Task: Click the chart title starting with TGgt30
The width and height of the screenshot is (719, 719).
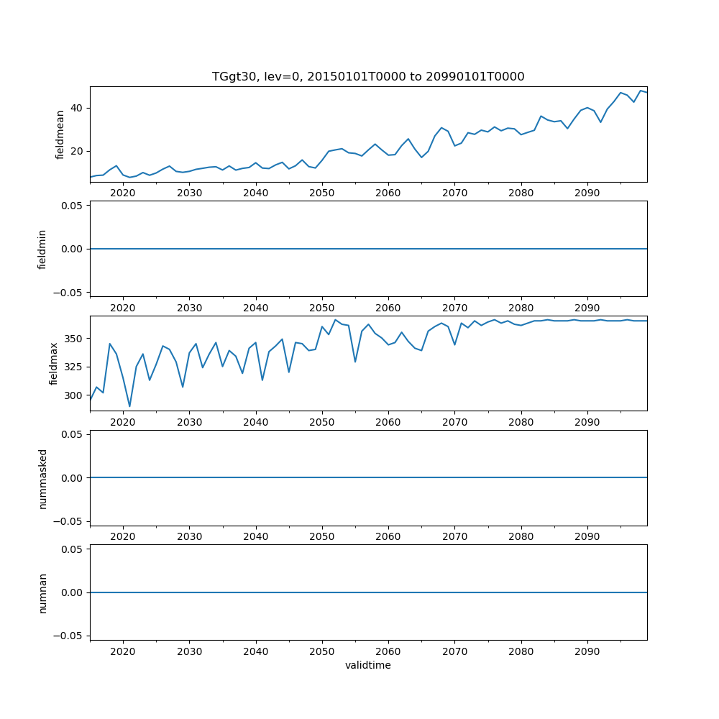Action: (x=368, y=76)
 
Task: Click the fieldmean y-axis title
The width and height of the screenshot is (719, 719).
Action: (x=60, y=134)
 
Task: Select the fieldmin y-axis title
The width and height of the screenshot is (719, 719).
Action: (x=42, y=249)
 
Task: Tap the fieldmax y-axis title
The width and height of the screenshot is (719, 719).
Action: (x=54, y=364)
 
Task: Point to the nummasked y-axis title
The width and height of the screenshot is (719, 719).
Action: (x=42, y=478)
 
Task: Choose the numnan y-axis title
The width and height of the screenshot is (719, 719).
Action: (x=42, y=592)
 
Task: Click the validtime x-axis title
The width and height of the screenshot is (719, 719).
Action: (x=368, y=665)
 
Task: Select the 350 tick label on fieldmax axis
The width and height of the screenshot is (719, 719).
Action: (x=75, y=338)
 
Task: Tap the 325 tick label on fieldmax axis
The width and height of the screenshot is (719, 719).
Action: (x=75, y=367)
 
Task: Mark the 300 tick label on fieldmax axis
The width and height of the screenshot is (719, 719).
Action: (x=75, y=395)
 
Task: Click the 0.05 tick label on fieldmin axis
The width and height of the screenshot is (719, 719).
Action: (x=73, y=206)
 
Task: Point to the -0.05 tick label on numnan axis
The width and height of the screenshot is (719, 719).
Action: (x=70, y=636)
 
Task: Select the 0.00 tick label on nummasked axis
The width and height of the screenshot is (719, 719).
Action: (x=73, y=478)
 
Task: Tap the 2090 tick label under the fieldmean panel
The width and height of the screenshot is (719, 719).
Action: (x=587, y=193)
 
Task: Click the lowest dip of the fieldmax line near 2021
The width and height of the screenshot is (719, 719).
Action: (x=129, y=406)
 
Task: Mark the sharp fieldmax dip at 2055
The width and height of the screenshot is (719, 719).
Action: (x=355, y=362)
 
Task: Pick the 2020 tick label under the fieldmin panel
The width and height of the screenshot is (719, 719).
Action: (x=123, y=307)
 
